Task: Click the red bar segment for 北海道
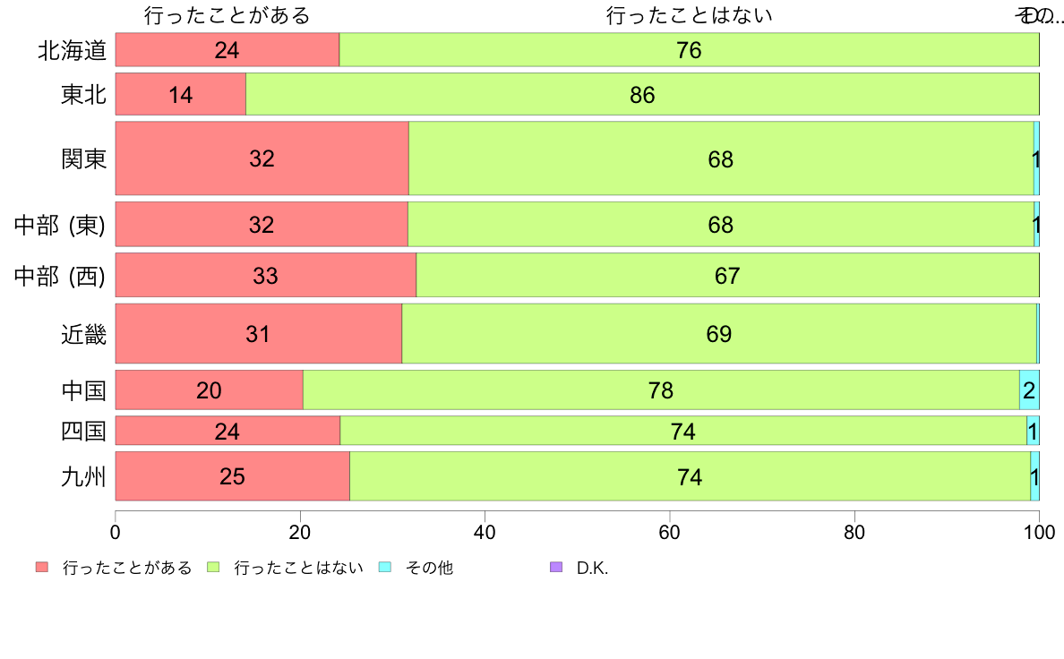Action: coord(227,50)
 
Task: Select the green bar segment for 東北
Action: coord(642,94)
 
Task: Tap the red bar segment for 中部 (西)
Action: coord(266,276)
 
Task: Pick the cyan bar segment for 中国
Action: coord(1029,389)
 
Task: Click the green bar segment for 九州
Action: coord(690,476)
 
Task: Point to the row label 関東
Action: coord(84,158)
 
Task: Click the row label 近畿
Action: coord(84,334)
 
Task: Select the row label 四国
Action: coord(84,432)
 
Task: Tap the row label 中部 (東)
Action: coord(60,225)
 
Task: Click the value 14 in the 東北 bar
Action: coord(181,95)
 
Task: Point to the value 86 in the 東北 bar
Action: coord(642,95)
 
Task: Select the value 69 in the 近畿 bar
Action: coord(719,335)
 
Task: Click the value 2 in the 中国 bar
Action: coord(1029,390)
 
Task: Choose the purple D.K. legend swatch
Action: coord(556,568)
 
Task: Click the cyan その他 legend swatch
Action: coord(385,568)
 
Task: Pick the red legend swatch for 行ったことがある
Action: coord(42,568)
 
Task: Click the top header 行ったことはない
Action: coord(689,15)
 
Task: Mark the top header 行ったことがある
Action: coord(227,15)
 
